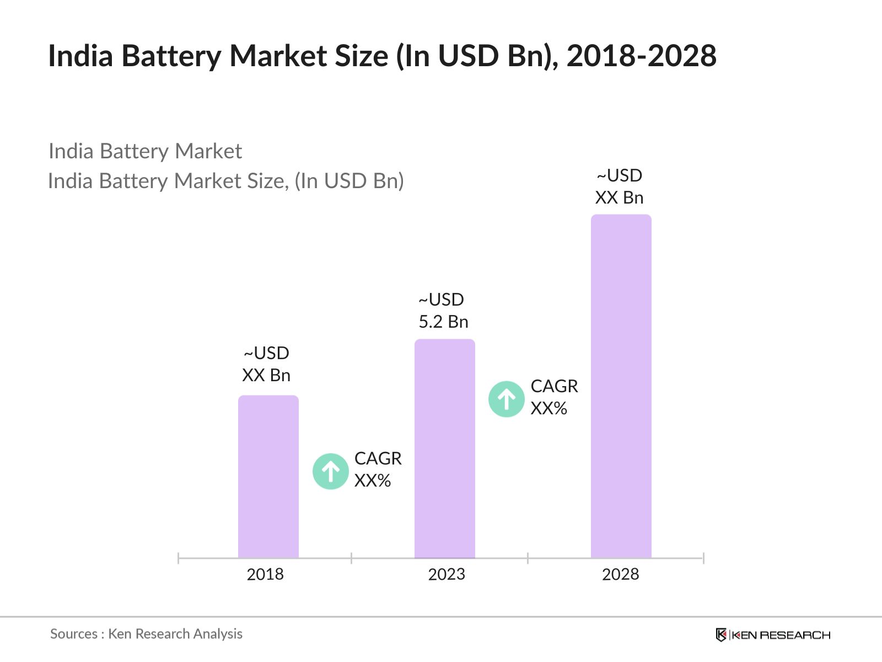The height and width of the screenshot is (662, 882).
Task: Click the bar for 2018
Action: tap(268, 477)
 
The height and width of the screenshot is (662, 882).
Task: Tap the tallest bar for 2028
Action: tap(621, 386)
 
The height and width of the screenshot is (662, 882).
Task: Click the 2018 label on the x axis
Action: tap(265, 574)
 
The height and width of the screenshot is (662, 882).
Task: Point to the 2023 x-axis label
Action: tap(447, 574)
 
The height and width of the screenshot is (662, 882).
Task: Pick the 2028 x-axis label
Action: tap(620, 574)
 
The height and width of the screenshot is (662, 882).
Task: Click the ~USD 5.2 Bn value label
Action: tap(443, 311)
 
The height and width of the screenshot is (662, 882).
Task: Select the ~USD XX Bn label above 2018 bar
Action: tap(266, 364)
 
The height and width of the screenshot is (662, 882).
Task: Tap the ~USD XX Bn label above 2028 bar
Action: tap(619, 186)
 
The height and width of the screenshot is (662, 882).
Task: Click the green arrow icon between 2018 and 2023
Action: tap(330, 471)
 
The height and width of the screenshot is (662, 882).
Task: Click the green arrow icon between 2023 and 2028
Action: tap(506, 399)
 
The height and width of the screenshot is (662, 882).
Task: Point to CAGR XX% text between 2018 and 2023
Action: tap(378, 469)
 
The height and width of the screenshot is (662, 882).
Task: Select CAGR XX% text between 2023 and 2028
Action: tap(554, 397)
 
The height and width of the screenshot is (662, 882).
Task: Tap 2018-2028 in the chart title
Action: tap(641, 56)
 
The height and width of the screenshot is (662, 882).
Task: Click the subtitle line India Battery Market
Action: tap(145, 151)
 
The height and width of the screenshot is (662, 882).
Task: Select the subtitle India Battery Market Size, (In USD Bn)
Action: tap(225, 181)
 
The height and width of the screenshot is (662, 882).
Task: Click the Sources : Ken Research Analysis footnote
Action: tap(146, 634)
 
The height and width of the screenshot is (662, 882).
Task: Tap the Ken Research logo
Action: tap(773, 635)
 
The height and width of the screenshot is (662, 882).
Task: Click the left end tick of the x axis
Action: tap(179, 558)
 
